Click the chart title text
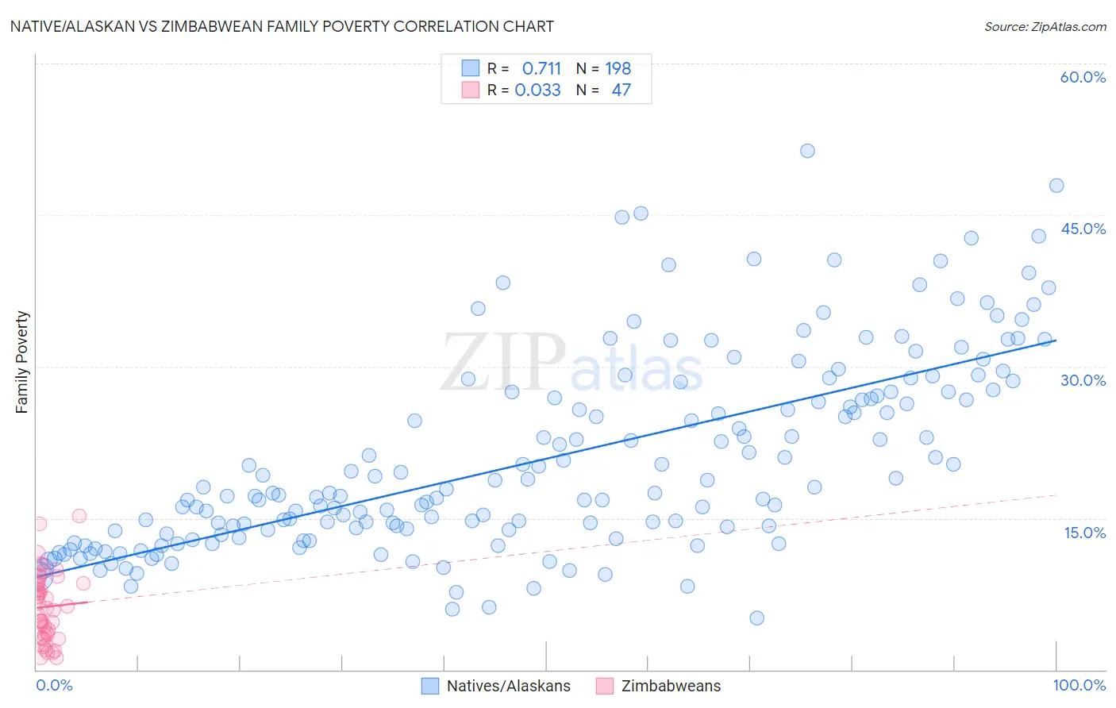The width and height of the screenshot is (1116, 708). pos(283,26)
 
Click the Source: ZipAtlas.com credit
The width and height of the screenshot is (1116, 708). pos(1045,26)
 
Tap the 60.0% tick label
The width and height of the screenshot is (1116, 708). pos(1083,77)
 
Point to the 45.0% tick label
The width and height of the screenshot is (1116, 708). pos(1083,229)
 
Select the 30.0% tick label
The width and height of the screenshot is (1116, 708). pos(1083,380)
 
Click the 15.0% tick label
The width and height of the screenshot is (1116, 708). pos(1084,533)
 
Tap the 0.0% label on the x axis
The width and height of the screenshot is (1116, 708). pos(54,685)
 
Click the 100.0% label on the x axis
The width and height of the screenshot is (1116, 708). pos(1079,685)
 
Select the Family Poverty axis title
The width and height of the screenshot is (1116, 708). pos(22,362)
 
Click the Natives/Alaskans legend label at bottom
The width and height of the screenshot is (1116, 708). pos(508,686)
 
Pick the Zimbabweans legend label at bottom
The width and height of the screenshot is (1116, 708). pos(671,686)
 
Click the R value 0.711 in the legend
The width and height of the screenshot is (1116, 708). pos(541,68)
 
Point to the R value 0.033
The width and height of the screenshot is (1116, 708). pos(537,90)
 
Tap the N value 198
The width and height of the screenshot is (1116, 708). pos(618,68)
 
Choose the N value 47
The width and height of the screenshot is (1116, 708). pos(621,90)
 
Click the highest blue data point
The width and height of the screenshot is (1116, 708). pos(807,151)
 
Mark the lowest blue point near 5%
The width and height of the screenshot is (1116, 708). pos(756,618)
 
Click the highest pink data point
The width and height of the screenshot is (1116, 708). pos(79,516)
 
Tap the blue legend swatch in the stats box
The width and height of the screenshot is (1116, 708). pos(471,68)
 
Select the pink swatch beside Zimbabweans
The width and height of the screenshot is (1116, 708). pos(605,686)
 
